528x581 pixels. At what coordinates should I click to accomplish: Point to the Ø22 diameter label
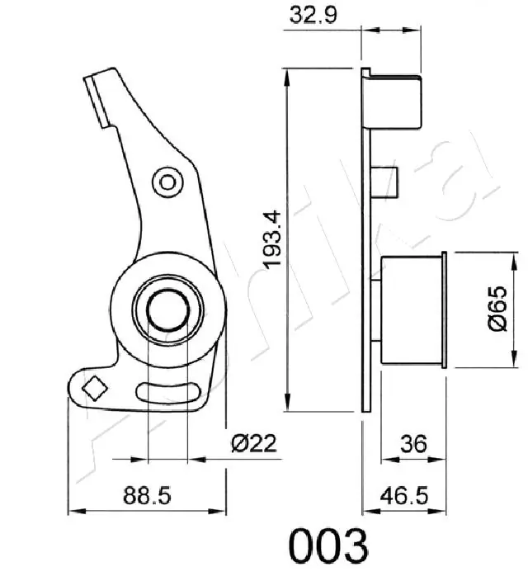click(x=253, y=444)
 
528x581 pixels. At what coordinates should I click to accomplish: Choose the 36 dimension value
click(x=412, y=444)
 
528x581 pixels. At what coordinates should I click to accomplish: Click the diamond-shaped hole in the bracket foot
click(x=94, y=386)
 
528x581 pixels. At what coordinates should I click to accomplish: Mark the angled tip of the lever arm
click(x=97, y=83)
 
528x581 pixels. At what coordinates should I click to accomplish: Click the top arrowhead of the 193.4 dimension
click(x=287, y=74)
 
